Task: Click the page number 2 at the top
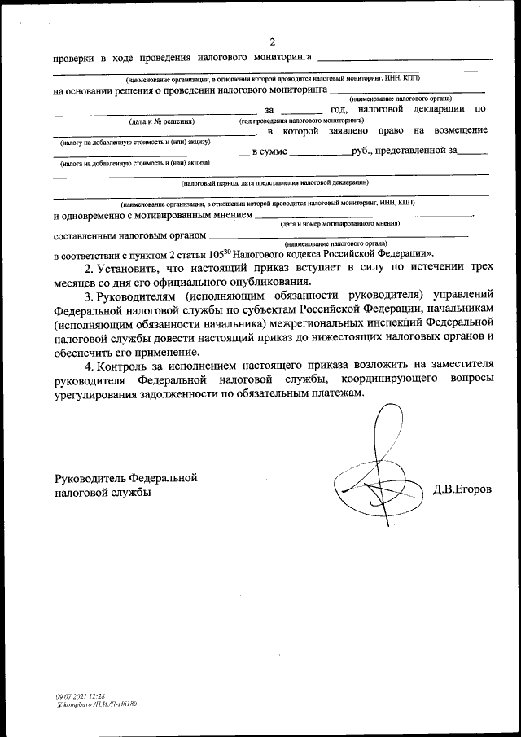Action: coord(273,42)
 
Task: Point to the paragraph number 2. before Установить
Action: coord(90,266)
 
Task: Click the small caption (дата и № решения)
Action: coord(161,121)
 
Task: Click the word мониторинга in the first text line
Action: coord(273,59)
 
